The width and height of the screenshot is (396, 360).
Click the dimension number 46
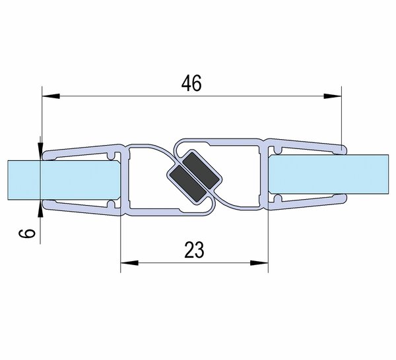pos(191,83)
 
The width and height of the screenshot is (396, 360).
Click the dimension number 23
pos(194,250)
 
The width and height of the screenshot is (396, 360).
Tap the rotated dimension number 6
pos(27,233)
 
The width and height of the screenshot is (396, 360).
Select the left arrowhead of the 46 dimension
pos(51,96)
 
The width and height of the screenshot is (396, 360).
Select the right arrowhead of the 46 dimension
pos(333,96)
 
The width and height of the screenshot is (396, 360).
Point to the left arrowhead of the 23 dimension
pos(129,263)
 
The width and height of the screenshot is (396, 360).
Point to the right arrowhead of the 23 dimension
pos(259,263)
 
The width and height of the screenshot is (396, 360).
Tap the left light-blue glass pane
pos(64,180)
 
